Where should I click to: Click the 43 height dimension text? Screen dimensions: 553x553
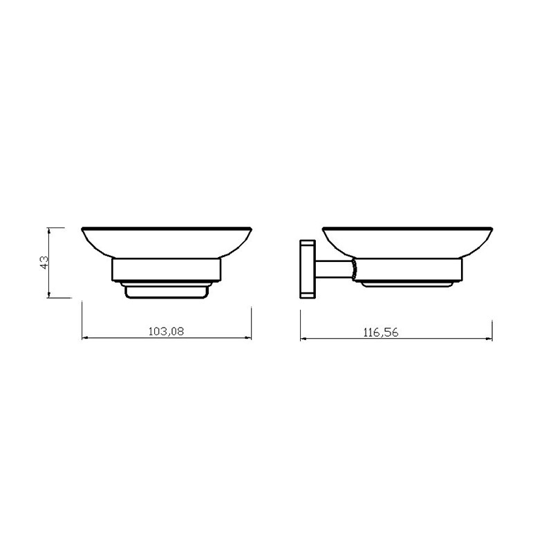(x=44, y=263)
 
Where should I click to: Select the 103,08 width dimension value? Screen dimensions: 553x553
(x=166, y=332)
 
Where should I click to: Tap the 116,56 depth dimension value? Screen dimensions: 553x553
(x=381, y=332)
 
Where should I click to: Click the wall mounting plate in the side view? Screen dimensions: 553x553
(x=307, y=269)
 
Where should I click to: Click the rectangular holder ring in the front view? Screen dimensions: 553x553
(x=167, y=270)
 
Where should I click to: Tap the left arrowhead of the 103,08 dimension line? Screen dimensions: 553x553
(x=84, y=338)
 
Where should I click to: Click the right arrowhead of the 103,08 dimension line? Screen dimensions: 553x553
(x=248, y=338)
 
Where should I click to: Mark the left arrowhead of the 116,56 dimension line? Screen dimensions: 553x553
(x=303, y=339)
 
